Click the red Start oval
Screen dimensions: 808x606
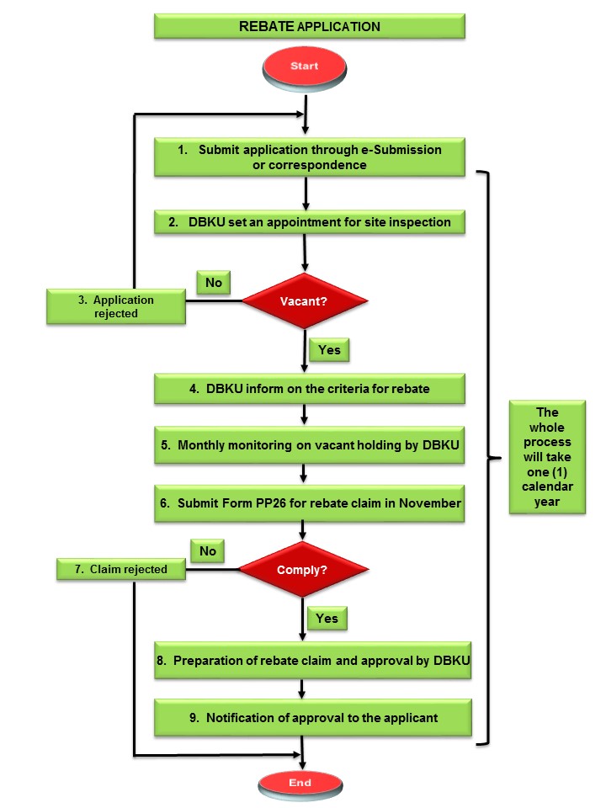pos(304,66)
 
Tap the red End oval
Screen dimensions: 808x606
pos(300,783)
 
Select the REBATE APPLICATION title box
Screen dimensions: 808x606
pos(310,26)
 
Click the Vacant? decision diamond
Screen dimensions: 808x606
pos(305,300)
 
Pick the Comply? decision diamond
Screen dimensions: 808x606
pos(300,570)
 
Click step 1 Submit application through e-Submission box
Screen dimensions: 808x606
pos(310,157)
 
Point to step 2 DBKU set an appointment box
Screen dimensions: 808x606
pos(310,223)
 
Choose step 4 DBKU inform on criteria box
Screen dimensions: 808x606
pos(310,389)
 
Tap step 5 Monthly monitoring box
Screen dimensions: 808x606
pos(310,445)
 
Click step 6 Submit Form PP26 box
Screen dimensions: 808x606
pos(310,502)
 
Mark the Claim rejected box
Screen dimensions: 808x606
pos(120,570)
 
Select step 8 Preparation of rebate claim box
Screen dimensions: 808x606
pos(311,662)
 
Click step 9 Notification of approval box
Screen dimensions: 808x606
pos(311,718)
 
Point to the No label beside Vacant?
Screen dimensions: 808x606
pos(215,283)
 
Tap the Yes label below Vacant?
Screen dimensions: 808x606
pos(329,349)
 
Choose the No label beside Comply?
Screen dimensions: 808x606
pos(209,551)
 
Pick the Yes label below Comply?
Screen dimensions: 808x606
pos(327,619)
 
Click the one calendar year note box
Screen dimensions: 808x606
pos(547,457)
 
